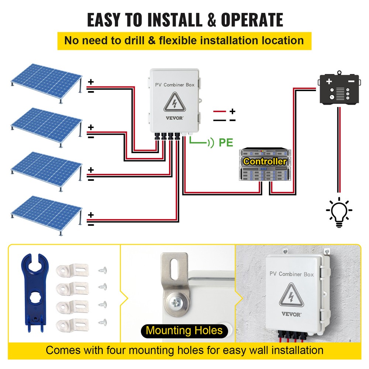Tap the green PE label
(226, 142)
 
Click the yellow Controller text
(265, 161)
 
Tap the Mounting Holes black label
(184, 330)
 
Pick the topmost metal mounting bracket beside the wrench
(73, 270)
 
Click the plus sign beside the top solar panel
(91, 82)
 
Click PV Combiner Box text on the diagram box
(175, 85)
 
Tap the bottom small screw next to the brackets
(102, 322)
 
